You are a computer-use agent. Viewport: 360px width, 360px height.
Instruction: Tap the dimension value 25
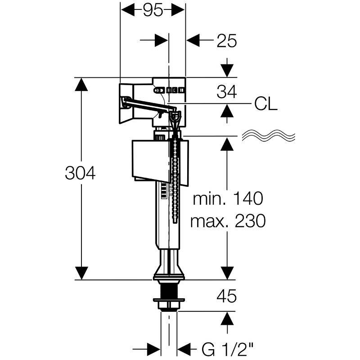[226, 41]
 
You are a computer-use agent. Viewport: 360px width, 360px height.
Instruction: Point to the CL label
[265, 104]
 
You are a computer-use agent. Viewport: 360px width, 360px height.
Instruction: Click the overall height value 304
[80, 174]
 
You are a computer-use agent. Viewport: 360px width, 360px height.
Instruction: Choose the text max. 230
[228, 221]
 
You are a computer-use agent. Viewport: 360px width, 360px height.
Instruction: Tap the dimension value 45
[226, 297]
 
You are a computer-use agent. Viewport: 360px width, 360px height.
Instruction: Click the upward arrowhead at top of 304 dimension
[81, 85]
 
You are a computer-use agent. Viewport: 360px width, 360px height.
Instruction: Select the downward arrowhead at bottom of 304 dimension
[81, 273]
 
